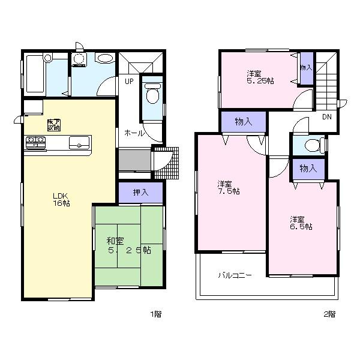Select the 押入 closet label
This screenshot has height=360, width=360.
coord(140,193)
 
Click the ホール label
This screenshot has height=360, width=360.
coord(134,133)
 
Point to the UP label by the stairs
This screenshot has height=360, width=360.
coord(129,81)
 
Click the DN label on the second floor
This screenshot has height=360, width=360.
coord(327,117)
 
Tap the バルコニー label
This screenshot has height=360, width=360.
coord(235,275)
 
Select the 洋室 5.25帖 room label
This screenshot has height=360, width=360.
coord(260,77)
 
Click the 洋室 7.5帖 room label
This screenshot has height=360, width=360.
coord(229,187)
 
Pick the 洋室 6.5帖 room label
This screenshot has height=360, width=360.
coord(301,223)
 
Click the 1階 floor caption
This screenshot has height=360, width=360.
coord(155,314)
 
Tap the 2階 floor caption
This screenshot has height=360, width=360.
coord(329,314)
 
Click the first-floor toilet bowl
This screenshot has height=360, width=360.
coord(152,95)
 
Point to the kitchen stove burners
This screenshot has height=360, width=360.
coord(36,142)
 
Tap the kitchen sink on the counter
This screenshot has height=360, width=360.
coord(79,143)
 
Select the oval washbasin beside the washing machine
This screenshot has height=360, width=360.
coord(105,59)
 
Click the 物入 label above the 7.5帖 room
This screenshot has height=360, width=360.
coord(243,122)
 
